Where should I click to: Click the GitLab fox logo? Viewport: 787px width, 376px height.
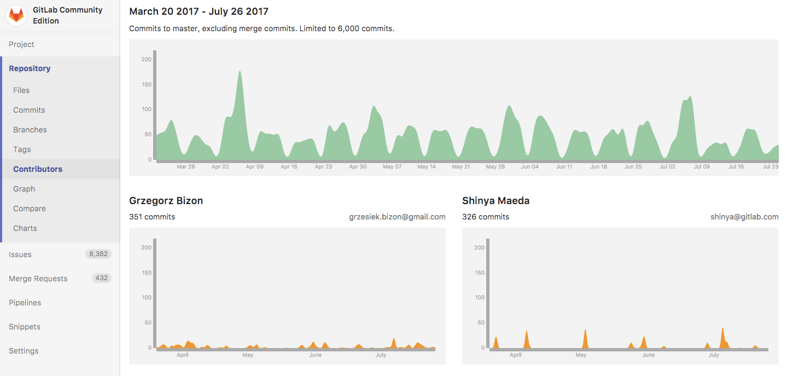tap(16, 15)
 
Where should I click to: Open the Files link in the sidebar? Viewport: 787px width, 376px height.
tap(21, 90)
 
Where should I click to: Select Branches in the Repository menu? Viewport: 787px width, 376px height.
tap(30, 130)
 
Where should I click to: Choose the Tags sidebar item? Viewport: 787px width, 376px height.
tap(22, 149)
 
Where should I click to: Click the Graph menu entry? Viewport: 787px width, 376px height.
tap(24, 189)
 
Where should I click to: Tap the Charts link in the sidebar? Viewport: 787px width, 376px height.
tap(25, 228)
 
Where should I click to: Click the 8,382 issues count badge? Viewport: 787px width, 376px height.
tap(98, 254)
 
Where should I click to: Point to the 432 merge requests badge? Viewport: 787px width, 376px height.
tap(101, 278)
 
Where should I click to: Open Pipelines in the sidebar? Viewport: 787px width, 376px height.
tap(25, 303)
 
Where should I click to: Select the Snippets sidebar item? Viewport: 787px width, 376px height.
tap(25, 327)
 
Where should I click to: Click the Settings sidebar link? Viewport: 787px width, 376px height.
tap(24, 351)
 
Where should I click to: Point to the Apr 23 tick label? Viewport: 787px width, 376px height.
tap(323, 167)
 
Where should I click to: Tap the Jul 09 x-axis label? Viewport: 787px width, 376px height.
tap(702, 167)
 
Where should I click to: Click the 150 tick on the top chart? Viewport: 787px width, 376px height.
tap(146, 84)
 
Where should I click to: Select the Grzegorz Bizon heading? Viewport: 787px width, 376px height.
tap(166, 201)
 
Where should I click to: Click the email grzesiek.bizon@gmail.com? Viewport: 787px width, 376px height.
tap(397, 217)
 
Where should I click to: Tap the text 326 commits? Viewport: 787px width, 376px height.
tap(486, 217)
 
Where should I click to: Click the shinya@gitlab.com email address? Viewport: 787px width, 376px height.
tap(744, 217)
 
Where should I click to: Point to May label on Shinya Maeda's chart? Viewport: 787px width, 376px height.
tap(581, 355)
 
